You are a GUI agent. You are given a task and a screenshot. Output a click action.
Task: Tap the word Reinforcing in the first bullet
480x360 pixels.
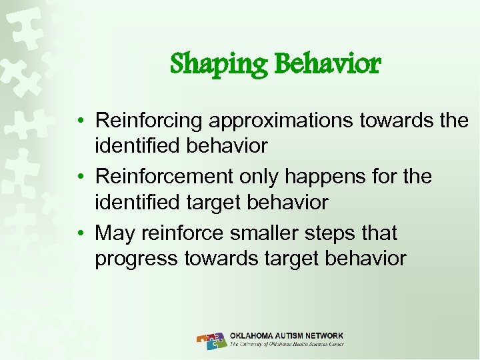[x=149, y=121]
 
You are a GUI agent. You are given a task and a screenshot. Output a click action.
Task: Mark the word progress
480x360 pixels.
[x=135, y=258]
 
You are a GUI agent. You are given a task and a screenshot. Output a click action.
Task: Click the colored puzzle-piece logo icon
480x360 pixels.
[x=212, y=340]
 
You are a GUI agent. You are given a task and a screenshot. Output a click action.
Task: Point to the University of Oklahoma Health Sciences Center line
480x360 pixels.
[x=287, y=345]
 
